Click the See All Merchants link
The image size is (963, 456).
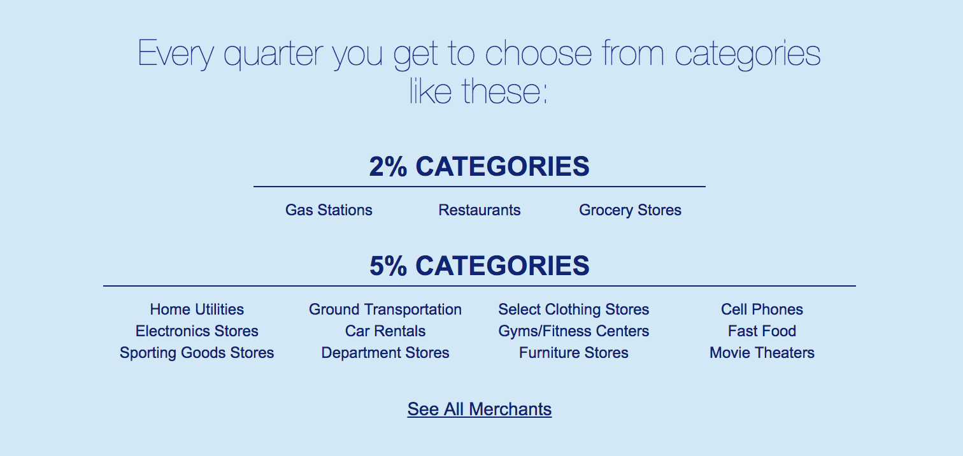[x=480, y=409]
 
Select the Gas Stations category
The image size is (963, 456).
[x=329, y=210]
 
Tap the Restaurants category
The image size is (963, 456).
[x=480, y=210]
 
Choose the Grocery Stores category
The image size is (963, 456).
[x=631, y=210]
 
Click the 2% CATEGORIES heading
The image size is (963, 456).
[x=480, y=166]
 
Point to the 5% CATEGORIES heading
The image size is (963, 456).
[x=480, y=266]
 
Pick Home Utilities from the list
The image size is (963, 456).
[x=197, y=310]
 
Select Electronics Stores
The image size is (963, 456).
[x=197, y=331]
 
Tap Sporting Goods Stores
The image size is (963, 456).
[x=197, y=353]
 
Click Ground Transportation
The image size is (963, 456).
[x=385, y=310]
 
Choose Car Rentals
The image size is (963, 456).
[x=385, y=331]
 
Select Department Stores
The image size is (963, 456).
[x=385, y=353]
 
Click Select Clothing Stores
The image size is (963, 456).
[x=573, y=310]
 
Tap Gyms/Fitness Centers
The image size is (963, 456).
[x=573, y=331]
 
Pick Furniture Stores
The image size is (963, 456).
[x=573, y=353]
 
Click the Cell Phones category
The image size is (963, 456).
[x=762, y=310]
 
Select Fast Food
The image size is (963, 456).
[x=762, y=331]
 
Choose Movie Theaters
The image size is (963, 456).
[x=762, y=353]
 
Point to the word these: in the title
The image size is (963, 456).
[x=504, y=90]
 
